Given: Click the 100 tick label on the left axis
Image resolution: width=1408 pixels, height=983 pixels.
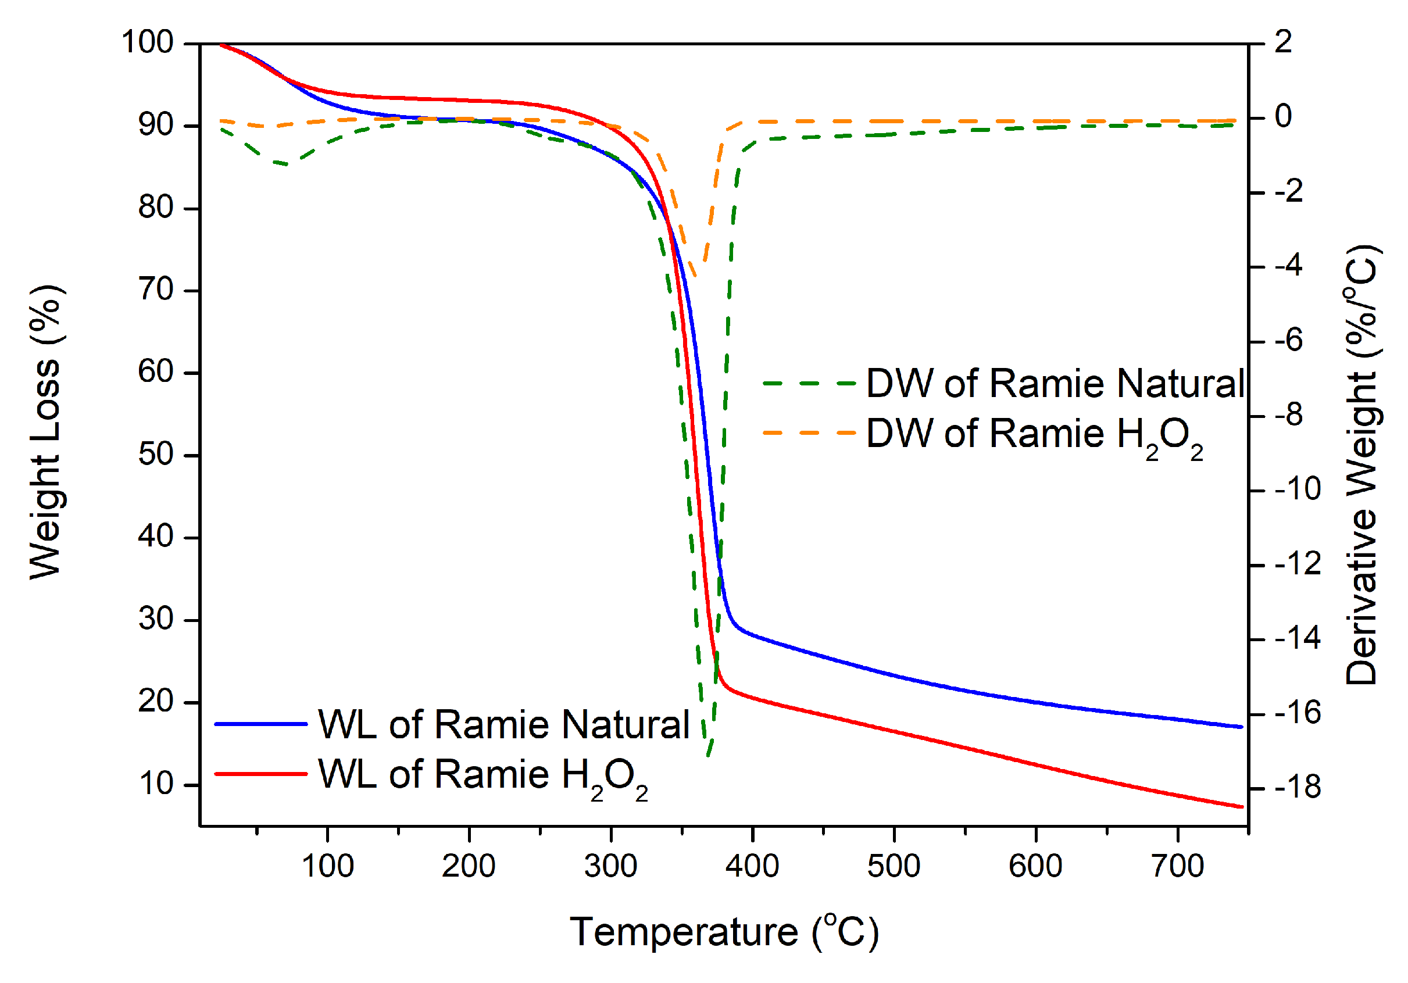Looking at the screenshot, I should coord(147,42).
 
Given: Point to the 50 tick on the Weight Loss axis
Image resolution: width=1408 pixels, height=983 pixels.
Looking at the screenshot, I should coord(156,455).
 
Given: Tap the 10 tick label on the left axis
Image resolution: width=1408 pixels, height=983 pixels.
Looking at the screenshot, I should coord(156,784).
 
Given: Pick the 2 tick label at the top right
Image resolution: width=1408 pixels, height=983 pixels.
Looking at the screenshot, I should coord(1283,42).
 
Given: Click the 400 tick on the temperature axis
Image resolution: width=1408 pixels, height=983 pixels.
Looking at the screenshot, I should coord(752,867).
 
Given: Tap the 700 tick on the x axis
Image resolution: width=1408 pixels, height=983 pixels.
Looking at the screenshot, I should coord(1177,867).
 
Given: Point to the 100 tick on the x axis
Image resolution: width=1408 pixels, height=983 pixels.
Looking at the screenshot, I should coord(327,867).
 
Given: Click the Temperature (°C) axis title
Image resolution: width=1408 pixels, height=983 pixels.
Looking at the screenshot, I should coord(724,932).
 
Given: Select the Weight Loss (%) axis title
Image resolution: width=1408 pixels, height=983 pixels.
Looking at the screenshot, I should coord(45,432).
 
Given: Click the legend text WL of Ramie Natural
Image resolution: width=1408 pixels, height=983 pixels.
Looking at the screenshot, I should coord(503,724).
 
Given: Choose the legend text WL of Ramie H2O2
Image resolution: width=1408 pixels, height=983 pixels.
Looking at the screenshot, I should coord(482,775).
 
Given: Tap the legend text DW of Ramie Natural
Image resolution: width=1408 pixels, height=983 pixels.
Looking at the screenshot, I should coord(1055,384).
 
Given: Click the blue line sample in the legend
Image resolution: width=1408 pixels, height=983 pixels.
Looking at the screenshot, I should coord(260,724).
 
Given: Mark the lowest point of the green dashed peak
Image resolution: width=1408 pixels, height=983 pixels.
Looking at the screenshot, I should coord(707,756).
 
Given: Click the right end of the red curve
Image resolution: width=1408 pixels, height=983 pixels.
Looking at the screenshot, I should coord(1241,807).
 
